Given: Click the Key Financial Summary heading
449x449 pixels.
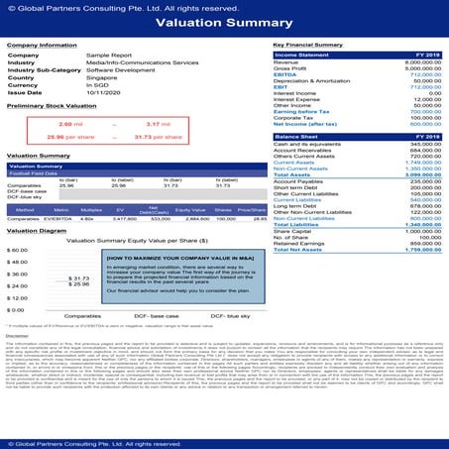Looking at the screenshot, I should pos(308,45).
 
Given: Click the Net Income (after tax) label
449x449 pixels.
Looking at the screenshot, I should pos(301,125).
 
